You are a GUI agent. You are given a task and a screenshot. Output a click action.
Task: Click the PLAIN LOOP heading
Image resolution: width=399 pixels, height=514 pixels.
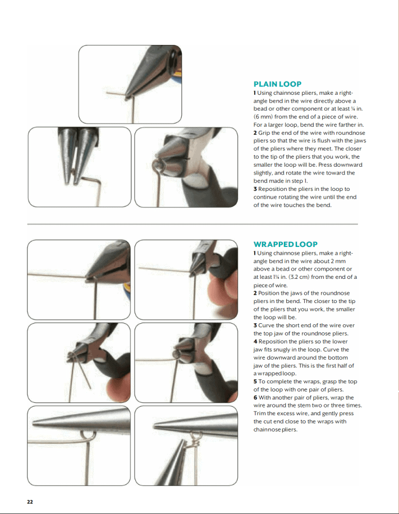(x=277, y=84)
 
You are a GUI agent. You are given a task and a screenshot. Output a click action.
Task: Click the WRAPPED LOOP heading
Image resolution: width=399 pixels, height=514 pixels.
(x=285, y=244)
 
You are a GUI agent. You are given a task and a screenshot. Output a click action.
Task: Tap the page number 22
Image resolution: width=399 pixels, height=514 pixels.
(x=30, y=502)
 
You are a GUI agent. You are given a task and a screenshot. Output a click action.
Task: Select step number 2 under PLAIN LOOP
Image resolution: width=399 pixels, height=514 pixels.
(x=255, y=133)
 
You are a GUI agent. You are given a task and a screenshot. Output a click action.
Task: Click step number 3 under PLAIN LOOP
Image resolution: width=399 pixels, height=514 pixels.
(x=255, y=189)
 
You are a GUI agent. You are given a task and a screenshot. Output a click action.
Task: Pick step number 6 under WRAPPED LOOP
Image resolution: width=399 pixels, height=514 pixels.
(x=255, y=398)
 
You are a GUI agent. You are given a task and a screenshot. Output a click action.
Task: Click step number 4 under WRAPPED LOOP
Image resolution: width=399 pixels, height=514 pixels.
(x=255, y=342)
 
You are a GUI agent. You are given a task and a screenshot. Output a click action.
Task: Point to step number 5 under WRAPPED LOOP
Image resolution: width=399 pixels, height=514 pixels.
(x=255, y=382)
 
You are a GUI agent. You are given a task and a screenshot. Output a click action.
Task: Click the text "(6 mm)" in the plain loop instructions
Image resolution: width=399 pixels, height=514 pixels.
(x=263, y=117)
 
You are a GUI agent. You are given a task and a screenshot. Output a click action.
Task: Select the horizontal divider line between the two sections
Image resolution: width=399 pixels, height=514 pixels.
(x=192, y=224)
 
